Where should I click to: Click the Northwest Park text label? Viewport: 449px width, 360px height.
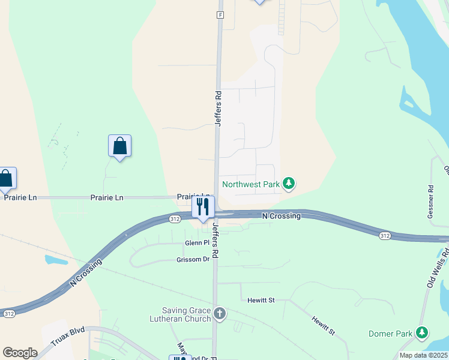[250, 184]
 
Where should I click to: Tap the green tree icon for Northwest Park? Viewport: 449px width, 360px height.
[289, 184]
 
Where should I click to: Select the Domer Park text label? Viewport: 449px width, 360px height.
[390, 333]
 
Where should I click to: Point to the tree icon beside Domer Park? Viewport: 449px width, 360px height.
[423, 332]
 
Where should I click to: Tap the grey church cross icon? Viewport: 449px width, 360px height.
[220, 313]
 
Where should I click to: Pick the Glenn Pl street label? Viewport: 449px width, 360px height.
[197, 242]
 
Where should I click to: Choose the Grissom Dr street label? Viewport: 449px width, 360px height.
[193, 259]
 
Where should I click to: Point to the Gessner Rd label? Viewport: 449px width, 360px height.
[431, 196]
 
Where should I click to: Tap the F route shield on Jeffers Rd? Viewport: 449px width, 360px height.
[220, 14]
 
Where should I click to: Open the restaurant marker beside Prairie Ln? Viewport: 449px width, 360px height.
[203, 207]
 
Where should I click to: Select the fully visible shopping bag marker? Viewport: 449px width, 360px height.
[120, 146]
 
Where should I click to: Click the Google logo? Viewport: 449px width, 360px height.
[20, 353]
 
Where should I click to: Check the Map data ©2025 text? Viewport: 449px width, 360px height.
[423, 355]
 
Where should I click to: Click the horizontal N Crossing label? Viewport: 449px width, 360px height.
[281, 216]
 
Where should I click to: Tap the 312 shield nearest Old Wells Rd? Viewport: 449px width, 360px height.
[385, 236]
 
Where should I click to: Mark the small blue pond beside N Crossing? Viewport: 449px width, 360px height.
[56, 260]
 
